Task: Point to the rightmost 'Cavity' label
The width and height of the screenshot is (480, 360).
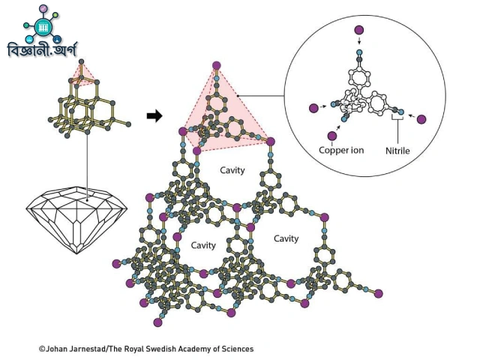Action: click(x=286, y=238)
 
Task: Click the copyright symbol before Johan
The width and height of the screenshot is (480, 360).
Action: click(x=42, y=349)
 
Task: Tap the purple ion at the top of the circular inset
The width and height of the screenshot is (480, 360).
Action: click(x=359, y=30)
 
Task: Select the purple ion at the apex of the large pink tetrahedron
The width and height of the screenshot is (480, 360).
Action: click(x=216, y=64)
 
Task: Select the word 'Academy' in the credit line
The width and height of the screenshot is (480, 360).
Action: click(x=193, y=349)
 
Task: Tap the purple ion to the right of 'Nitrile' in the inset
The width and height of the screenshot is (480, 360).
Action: click(x=421, y=119)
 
